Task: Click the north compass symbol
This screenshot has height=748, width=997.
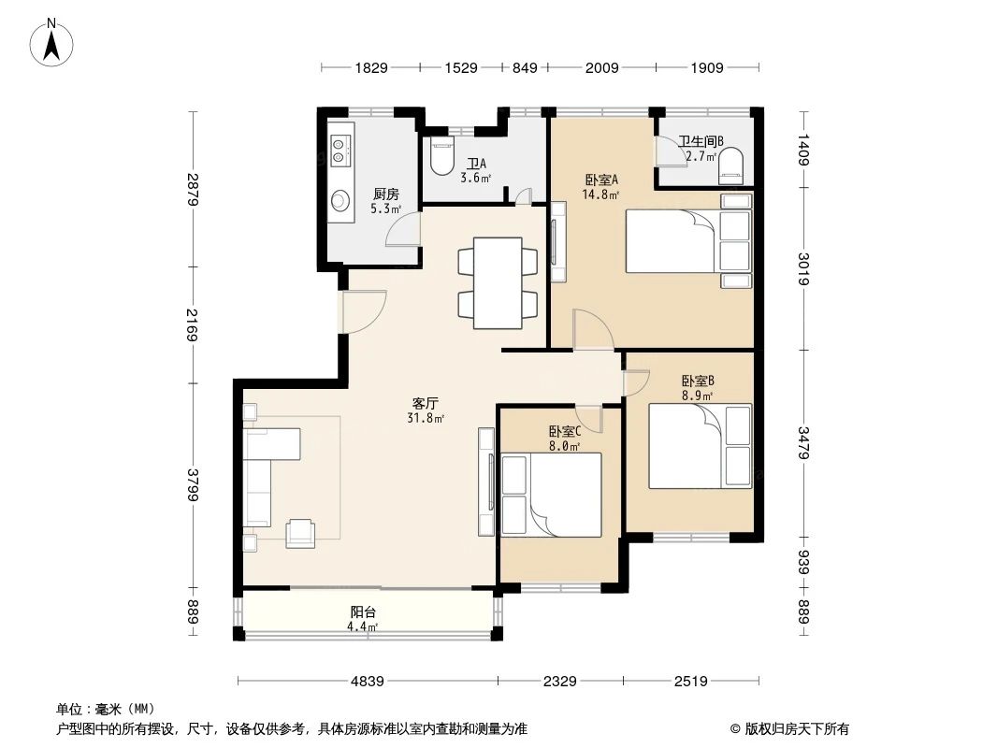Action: pyautogui.click(x=53, y=41)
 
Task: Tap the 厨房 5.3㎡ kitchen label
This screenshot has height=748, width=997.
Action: pyautogui.click(x=385, y=201)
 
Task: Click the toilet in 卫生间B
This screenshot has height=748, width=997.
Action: pyautogui.click(x=731, y=165)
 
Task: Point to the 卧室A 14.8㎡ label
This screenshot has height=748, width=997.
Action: pyautogui.click(x=600, y=188)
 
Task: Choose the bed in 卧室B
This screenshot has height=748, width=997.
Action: pyautogui.click(x=700, y=446)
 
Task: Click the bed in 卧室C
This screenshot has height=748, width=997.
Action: pyautogui.click(x=551, y=496)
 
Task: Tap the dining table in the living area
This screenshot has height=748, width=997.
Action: pyautogui.click(x=498, y=282)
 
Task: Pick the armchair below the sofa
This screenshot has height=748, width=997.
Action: pyautogui.click(x=301, y=532)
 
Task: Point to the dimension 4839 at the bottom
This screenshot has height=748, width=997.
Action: pyautogui.click(x=368, y=682)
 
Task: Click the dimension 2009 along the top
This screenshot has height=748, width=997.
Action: pyautogui.click(x=601, y=67)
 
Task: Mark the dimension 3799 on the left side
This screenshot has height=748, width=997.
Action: pyautogui.click(x=193, y=483)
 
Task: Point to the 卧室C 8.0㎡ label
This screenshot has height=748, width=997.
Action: pyautogui.click(x=564, y=439)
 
